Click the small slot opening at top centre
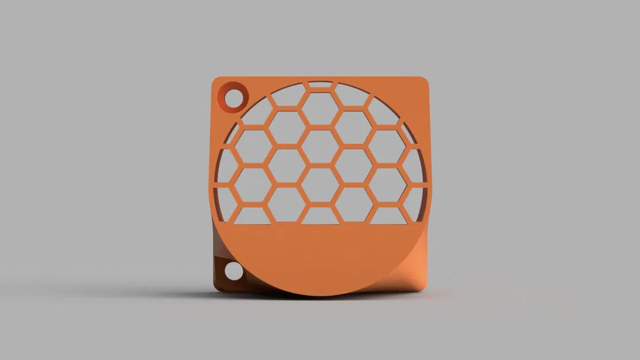point(320,85)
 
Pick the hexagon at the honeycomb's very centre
point(320,146)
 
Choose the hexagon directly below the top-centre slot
point(320,108)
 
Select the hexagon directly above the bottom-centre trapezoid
point(320,185)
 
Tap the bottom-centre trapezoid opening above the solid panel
point(320,216)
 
